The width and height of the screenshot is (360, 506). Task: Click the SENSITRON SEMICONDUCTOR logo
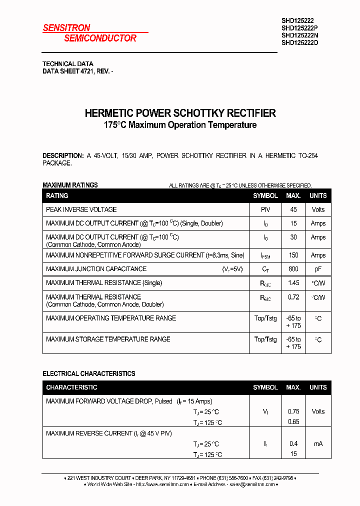point(90,33)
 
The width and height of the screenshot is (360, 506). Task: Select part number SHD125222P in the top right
point(300,28)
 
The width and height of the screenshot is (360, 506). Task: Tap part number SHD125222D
point(300,42)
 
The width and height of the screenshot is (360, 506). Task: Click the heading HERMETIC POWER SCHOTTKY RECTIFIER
point(180,113)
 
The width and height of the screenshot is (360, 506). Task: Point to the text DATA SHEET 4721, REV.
point(77,71)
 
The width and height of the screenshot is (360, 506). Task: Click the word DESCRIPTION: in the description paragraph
point(63,155)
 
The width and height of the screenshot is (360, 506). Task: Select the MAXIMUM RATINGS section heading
point(70,185)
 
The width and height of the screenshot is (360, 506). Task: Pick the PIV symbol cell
point(265,209)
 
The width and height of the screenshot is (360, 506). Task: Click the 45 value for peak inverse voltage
point(293,209)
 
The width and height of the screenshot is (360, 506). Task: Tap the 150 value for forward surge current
point(293,255)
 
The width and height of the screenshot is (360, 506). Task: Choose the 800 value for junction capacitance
point(293,269)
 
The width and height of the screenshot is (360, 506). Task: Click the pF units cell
point(318,269)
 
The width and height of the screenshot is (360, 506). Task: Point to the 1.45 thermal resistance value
point(293,283)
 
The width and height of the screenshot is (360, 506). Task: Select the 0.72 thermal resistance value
point(293,297)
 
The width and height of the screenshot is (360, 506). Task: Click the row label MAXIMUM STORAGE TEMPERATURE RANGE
point(108,339)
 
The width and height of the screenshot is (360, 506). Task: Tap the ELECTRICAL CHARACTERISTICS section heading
point(88,373)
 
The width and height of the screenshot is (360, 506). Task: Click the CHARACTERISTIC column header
point(71,387)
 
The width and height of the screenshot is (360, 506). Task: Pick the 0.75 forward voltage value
point(293,411)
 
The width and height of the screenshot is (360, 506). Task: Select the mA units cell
point(318,443)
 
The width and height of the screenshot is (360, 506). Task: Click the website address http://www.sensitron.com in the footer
point(162,484)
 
